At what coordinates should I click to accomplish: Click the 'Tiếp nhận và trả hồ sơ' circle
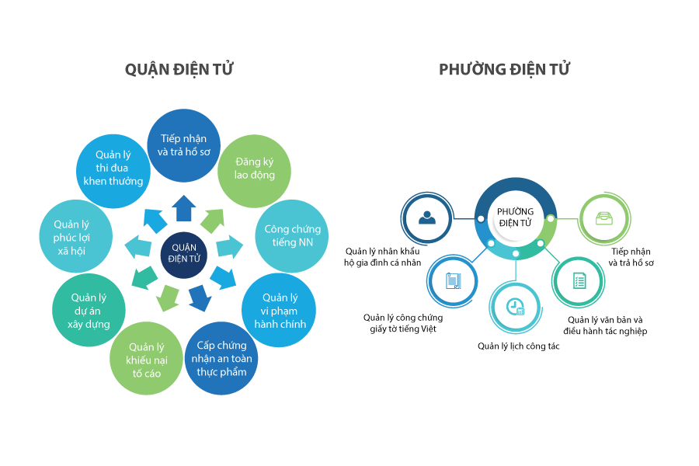pyautogui.click(x=183, y=145)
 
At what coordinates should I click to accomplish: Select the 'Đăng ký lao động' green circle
pyautogui.click(x=255, y=169)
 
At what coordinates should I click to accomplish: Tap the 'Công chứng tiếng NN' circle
pyautogui.click(x=292, y=235)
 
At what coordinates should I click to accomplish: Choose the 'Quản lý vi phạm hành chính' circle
pyautogui.click(x=279, y=310)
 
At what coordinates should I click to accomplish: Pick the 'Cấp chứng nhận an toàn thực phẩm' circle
pyautogui.click(x=221, y=358)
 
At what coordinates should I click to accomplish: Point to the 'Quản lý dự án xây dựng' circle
pyautogui.click(x=88, y=310)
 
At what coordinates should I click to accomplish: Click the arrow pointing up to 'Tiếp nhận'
pyautogui.click(x=184, y=207)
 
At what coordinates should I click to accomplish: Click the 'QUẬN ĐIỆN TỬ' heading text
pyautogui.click(x=179, y=69)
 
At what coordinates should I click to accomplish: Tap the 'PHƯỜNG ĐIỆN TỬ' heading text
pyautogui.click(x=504, y=69)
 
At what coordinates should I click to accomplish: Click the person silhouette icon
pyautogui.click(x=427, y=217)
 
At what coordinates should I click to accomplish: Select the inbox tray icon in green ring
pyautogui.click(x=604, y=218)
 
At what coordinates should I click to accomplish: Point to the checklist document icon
pyautogui.click(x=579, y=280)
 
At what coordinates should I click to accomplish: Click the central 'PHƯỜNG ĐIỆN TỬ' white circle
pyautogui.click(x=515, y=217)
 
